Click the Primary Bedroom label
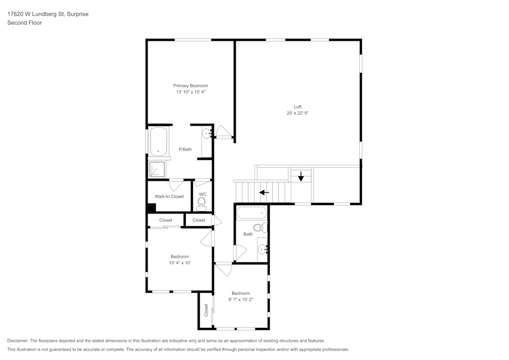(x=190, y=86)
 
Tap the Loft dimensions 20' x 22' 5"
(x=298, y=113)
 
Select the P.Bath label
(x=185, y=149)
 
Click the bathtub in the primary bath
(x=158, y=141)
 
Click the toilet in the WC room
(x=202, y=204)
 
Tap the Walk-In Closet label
(x=169, y=197)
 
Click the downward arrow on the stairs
(x=301, y=176)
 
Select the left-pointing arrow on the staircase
(x=264, y=192)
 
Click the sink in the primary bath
(x=207, y=133)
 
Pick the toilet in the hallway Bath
(x=260, y=228)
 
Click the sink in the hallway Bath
(x=262, y=250)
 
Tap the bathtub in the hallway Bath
(x=251, y=213)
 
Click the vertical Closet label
(x=206, y=310)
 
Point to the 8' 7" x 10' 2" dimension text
(x=241, y=299)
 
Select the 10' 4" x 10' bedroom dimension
(x=180, y=263)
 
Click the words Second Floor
(x=24, y=23)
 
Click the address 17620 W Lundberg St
(x=36, y=14)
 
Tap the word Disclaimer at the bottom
(x=18, y=341)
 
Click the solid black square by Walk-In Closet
(x=152, y=208)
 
